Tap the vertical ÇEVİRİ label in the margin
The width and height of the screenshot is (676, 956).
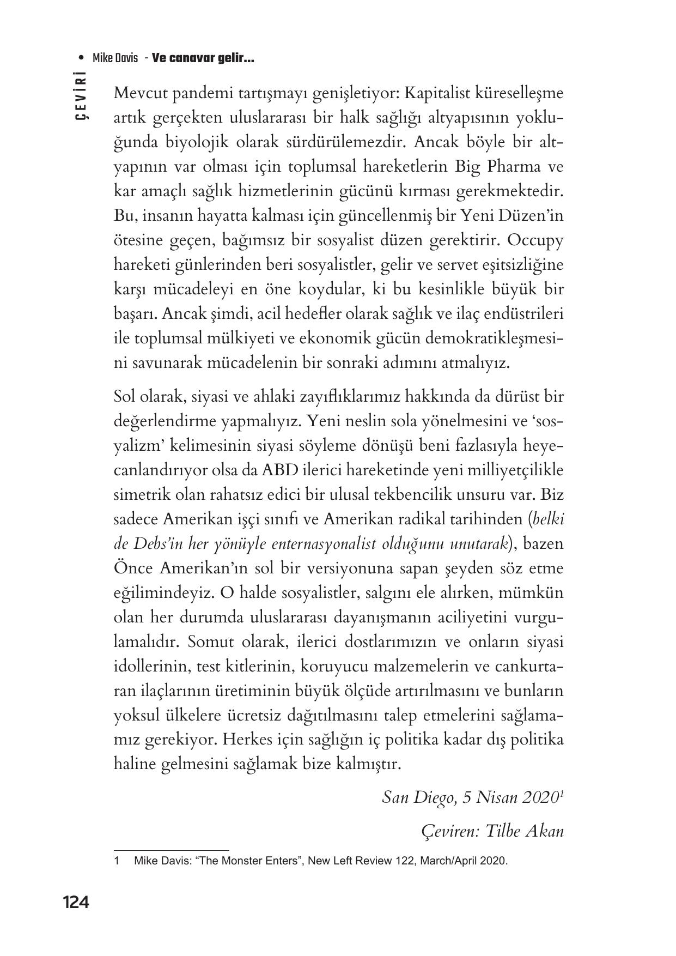(x=82, y=95)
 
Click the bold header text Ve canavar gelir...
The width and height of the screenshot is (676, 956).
(x=203, y=58)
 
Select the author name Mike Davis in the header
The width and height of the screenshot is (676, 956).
(x=115, y=58)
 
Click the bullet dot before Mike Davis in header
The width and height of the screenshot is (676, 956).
(x=81, y=58)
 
